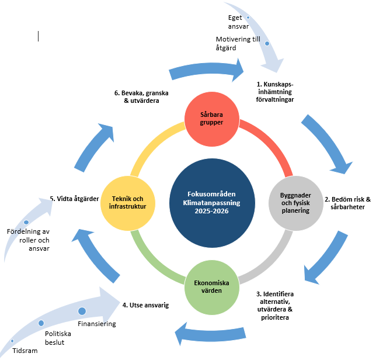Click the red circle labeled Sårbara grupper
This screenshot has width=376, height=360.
coord(212,119)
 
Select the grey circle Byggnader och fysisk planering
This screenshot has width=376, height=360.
coord(296,203)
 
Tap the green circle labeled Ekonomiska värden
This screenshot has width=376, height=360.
coord(212,288)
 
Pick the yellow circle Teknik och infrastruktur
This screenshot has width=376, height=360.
coord(128,203)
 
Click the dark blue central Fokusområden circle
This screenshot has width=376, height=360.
coord(212,203)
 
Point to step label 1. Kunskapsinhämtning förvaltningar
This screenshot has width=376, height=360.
coord(275,92)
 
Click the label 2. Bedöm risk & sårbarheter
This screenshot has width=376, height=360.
coord(347,203)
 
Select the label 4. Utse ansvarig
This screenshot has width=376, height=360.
coord(145,305)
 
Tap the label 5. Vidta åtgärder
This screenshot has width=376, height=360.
coord(74,199)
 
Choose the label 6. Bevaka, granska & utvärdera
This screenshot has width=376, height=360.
coord(141,96)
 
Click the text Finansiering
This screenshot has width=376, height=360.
coord(97,324)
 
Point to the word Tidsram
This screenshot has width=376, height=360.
coord(25,351)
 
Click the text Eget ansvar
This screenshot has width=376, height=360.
coord(238,22)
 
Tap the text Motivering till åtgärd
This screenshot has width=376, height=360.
coord(238,43)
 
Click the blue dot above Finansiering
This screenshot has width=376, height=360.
coord(82,311)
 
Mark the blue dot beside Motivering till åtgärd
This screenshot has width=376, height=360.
coord(267,43)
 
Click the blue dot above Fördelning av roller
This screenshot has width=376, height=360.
coord(26,222)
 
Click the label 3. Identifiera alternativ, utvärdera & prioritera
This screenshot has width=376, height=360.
coord(275,306)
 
